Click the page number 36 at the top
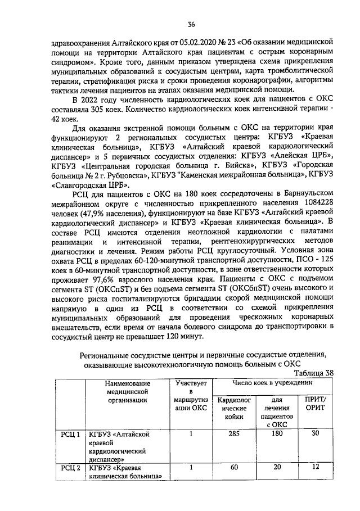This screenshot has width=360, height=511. (x=191, y=24)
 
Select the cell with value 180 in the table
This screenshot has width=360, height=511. (x=276, y=433)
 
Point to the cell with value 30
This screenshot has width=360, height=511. (x=315, y=433)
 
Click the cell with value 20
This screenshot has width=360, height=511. (x=276, y=468)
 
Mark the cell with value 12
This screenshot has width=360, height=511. (x=315, y=467)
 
